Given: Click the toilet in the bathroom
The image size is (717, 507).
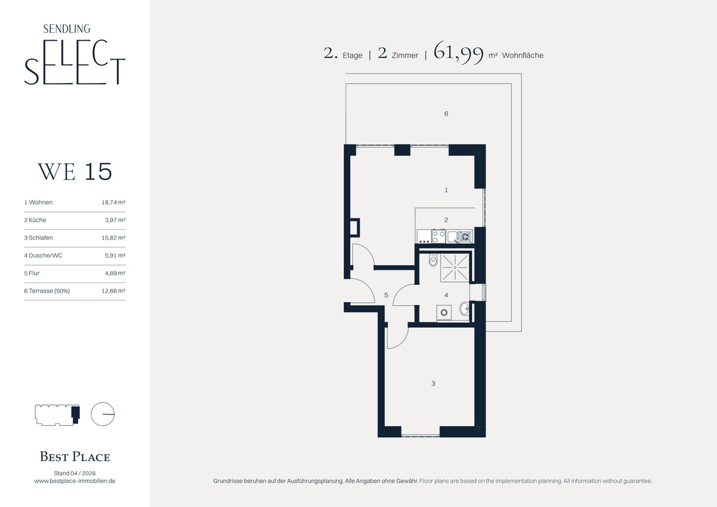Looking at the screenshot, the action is (x=433, y=260).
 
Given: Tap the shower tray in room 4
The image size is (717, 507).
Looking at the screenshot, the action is (x=455, y=268).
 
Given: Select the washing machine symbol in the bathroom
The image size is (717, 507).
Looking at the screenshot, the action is (x=444, y=312).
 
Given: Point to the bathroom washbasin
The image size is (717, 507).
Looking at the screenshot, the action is (x=464, y=309).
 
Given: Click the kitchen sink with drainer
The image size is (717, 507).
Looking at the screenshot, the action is (x=460, y=236).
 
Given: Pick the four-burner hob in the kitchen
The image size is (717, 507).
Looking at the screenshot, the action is (x=439, y=236).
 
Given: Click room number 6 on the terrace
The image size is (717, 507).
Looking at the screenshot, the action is (x=446, y=113).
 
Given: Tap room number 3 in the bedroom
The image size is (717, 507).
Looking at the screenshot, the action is (x=433, y=383).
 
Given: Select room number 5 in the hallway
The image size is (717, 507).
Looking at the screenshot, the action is (x=386, y=295).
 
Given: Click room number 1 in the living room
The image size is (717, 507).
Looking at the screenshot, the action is (x=446, y=190).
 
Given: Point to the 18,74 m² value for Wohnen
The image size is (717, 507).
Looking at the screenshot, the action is (x=114, y=202).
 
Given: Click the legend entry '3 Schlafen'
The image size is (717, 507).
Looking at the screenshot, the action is (x=38, y=238).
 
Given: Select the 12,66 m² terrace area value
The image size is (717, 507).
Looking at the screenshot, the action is (x=114, y=291).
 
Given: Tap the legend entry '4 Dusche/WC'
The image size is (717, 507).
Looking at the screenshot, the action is (x=43, y=255).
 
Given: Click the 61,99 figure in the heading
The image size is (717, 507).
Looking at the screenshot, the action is (x=458, y=53).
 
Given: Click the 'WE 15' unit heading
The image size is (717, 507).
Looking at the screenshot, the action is (x=75, y=171).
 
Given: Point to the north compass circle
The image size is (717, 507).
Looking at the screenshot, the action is (x=103, y=414).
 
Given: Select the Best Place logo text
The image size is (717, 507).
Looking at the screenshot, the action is (x=75, y=456).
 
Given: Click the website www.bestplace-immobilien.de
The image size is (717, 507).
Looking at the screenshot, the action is (x=75, y=481).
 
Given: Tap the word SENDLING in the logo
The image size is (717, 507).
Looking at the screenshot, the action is (x=66, y=29).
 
